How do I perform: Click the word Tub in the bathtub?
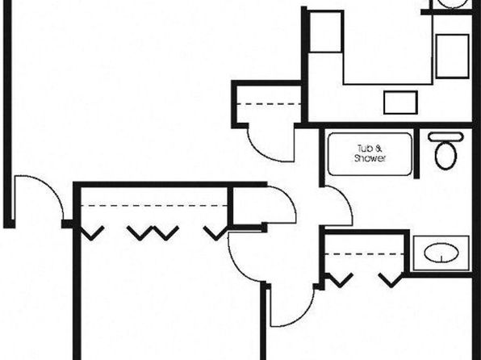point(365,149)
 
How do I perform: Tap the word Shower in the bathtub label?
point(370,158)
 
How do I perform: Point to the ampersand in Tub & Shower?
point(379,149)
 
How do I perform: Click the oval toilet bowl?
point(445,155)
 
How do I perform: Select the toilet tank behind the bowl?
point(445,136)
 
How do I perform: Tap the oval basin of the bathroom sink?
point(441,253)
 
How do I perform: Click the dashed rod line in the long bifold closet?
point(154,205)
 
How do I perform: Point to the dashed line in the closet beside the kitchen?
point(269,104)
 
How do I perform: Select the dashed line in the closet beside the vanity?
point(364,254)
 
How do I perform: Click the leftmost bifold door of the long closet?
point(91,233)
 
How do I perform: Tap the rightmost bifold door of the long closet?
point(216,233)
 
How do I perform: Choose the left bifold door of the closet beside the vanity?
point(339,280)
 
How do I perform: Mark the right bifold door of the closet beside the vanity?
point(391,280)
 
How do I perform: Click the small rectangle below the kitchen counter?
point(400,103)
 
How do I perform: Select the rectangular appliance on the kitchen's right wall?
point(453,57)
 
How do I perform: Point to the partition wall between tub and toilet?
point(416,153)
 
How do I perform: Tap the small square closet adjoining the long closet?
point(247,207)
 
